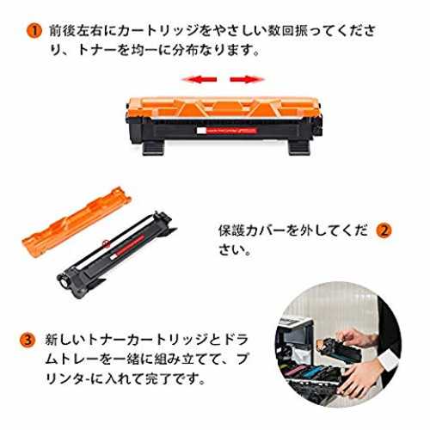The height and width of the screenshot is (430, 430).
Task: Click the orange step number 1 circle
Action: [x=34, y=31]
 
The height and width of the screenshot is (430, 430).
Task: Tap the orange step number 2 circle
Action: [x=384, y=230]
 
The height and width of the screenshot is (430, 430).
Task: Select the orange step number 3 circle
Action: [x=28, y=341]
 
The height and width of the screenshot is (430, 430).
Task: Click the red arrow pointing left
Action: [x=199, y=79]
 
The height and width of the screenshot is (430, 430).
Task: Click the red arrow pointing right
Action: [x=247, y=79]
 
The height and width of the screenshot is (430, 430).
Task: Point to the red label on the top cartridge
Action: [x=227, y=131]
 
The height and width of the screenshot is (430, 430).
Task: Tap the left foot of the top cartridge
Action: [x=154, y=148]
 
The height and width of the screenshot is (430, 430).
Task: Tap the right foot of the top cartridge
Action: [x=299, y=148]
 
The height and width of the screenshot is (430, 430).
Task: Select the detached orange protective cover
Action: [x=77, y=221]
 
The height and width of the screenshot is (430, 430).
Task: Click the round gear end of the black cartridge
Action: [x=64, y=281]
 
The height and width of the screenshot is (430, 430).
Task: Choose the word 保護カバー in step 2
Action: [x=253, y=230]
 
